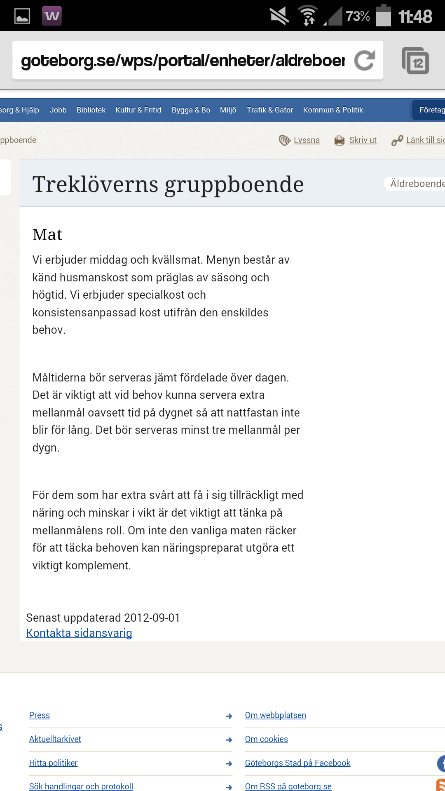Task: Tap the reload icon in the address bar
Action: [x=365, y=61]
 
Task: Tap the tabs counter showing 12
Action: [x=415, y=61]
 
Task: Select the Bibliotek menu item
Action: [x=91, y=110]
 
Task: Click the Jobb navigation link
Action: [x=58, y=110]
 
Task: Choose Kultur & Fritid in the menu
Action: [x=138, y=110]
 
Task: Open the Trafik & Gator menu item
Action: [x=270, y=110]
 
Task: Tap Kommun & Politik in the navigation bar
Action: [x=333, y=110]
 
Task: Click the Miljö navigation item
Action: [x=228, y=110]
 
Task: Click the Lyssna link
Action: [x=306, y=140]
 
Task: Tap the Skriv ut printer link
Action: [x=363, y=140]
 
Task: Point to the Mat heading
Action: [x=47, y=235]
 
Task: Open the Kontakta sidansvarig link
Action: [x=79, y=633]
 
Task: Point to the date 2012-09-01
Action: [x=152, y=618]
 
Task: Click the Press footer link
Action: [x=40, y=715]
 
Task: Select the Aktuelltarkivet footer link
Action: [x=55, y=739]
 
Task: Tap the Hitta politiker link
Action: [x=53, y=763]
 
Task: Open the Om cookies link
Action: [x=266, y=739]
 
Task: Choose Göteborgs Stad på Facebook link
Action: [x=297, y=763]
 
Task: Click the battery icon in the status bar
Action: [x=384, y=16]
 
